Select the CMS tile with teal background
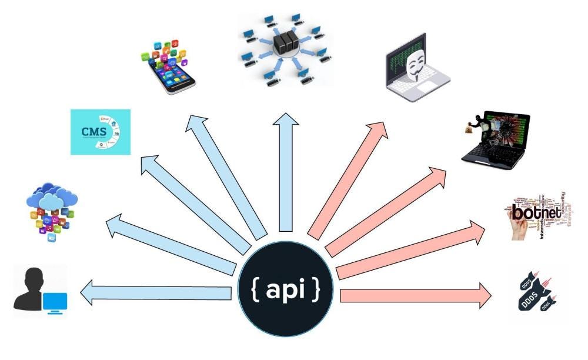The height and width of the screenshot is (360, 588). pyautogui.click(x=100, y=132)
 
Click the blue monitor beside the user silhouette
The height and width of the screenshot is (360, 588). pyautogui.click(x=55, y=302)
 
